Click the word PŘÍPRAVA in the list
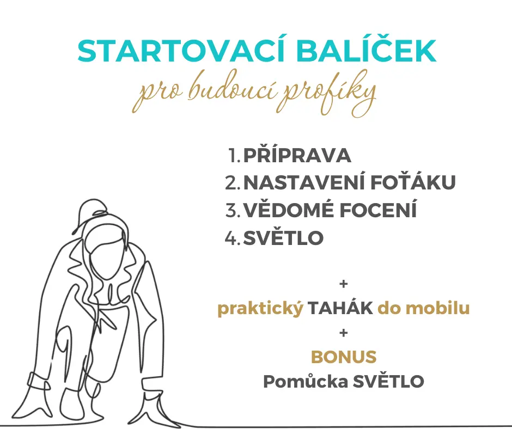tap(297, 155)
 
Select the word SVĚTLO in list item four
tap(283, 238)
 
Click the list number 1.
tap(233, 155)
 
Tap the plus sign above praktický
tap(344, 284)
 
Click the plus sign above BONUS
tap(344, 333)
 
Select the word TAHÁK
tap(340, 308)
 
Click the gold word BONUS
tap(344, 357)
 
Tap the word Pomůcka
tap(306, 381)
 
